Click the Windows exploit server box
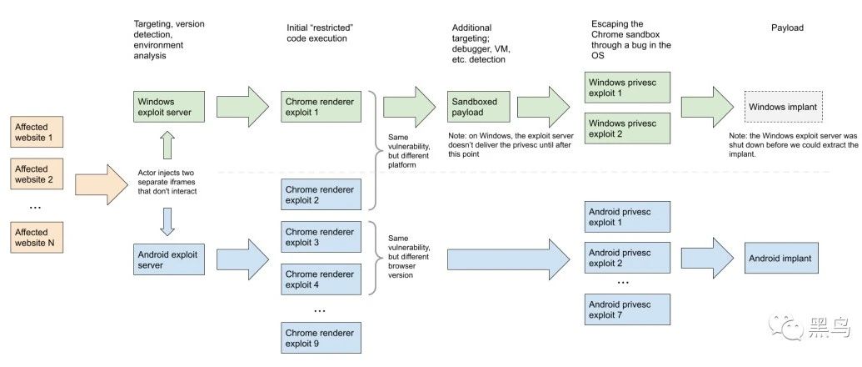(x=169, y=108)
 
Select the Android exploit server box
(x=169, y=259)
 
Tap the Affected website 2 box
(x=37, y=173)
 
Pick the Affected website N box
(x=37, y=237)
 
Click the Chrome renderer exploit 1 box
(x=321, y=107)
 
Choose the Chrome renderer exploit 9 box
(x=321, y=338)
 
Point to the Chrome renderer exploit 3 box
(x=321, y=237)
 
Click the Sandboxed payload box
(x=478, y=107)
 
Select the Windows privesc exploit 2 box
(x=627, y=128)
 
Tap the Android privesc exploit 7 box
(x=627, y=309)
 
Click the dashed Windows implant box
(x=783, y=107)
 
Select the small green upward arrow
(x=168, y=146)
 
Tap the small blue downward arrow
(x=168, y=222)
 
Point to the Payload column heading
(x=787, y=28)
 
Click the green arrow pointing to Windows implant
(x=708, y=108)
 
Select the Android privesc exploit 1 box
(x=627, y=217)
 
